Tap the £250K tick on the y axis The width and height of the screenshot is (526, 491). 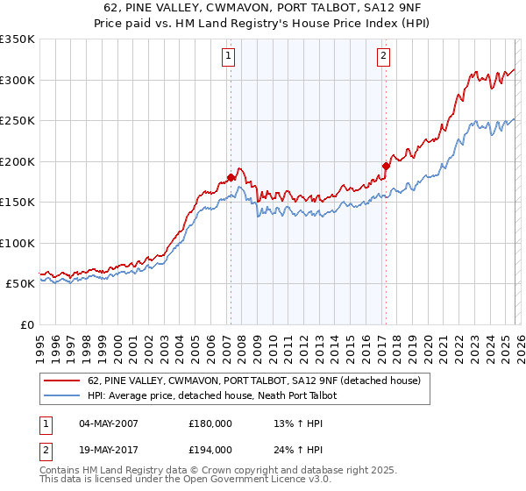[x=18, y=120]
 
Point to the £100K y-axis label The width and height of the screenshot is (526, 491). [x=18, y=243]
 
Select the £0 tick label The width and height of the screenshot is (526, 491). [x=26, y=324]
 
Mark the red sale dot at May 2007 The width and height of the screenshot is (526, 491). [x=231, y=177]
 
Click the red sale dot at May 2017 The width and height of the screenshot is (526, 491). [x=385, y=166]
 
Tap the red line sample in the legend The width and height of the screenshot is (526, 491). [x=62, y=381]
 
